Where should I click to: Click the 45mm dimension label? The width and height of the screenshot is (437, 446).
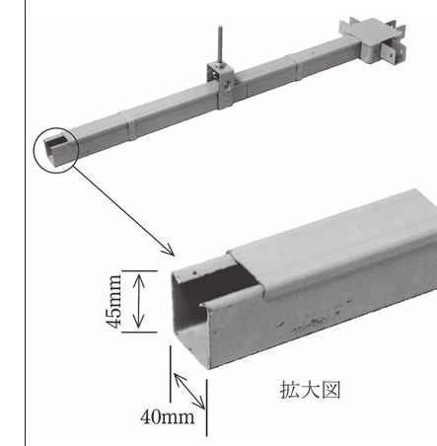114,301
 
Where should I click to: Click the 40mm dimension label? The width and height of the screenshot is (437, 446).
168,417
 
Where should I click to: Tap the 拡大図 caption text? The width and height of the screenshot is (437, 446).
310,390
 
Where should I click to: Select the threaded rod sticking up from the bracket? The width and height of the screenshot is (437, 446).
219,46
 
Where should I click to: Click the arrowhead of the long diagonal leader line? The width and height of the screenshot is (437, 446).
171,252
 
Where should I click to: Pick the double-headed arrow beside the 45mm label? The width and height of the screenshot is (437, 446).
139,301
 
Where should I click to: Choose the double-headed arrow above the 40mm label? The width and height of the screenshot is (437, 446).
189,391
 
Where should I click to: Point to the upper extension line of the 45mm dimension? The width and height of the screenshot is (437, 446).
139,270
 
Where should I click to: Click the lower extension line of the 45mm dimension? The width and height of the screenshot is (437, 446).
139,333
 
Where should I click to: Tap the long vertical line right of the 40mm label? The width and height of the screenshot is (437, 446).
207,408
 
